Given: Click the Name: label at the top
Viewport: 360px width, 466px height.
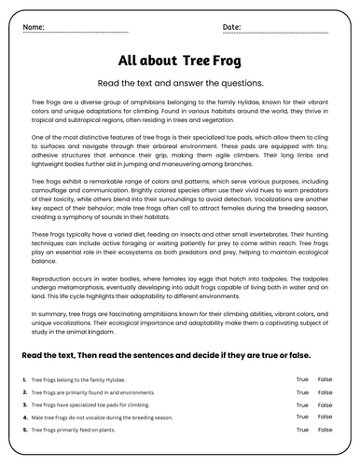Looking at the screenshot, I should tap(33, 27).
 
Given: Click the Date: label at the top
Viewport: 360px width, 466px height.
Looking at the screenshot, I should tap(232, 27).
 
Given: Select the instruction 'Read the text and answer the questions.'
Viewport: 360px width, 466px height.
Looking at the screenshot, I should tap(180, 82).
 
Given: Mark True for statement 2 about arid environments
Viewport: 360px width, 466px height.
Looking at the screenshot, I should tap(302, 392).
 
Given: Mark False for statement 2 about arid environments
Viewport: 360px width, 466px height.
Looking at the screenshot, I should tap(325, 392).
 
